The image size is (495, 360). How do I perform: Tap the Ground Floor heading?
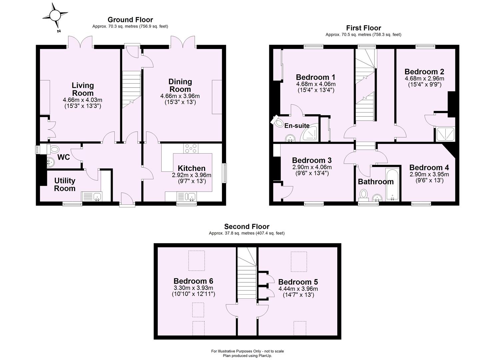point(130,20)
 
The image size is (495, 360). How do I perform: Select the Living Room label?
point(83,89)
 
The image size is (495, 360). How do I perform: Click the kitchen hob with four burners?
point(191,148)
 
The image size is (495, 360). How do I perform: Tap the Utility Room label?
point(65,184)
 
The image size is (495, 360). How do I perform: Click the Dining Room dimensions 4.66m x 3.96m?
point(180,96)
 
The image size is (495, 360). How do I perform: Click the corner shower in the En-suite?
point(310,134)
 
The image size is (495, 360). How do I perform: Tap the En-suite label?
point(297,126)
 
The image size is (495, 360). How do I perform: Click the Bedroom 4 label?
point(429,167)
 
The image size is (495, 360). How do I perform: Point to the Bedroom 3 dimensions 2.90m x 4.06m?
point(312,167)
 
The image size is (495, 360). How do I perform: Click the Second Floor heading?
point(247,227)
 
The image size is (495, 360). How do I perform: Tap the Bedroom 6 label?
point(193,281)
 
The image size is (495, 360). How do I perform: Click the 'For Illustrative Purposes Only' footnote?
point(247,351)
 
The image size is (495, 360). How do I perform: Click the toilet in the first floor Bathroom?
point(364,194)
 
